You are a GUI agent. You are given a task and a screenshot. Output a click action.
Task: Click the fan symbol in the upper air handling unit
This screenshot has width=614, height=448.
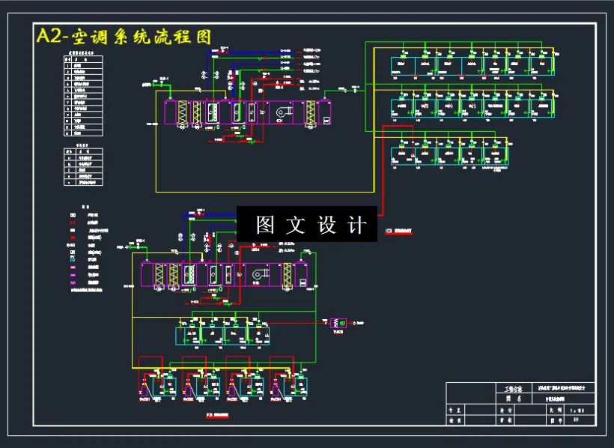coord(283,113)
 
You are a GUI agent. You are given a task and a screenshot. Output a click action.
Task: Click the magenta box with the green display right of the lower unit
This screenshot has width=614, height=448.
coord(338,323)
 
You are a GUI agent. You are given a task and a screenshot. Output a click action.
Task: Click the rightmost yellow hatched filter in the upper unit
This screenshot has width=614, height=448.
coord(311,113)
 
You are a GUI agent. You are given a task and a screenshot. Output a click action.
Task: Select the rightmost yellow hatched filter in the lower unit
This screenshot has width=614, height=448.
coord(287,275)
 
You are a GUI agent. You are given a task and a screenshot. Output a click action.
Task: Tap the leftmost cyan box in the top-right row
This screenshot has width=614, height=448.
coord(403,67)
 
